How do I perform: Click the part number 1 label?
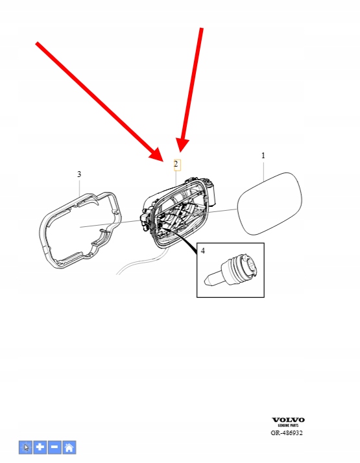[x=263, y=156]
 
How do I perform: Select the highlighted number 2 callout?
[x=176, y=165]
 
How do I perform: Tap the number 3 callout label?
[x=79, y=174]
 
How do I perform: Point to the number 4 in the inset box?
[x=202, y=251]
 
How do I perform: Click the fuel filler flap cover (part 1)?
[x=270, y=204]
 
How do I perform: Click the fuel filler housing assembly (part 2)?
[x=177, y=213]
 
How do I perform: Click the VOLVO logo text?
[x=288, y=420]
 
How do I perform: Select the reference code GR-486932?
[x=287, y=433]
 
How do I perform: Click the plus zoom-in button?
[x=40, y=447]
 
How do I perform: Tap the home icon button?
[x=69, y=447]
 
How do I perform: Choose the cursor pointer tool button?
[x=26, y=447]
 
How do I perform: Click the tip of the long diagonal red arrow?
[x=163, y=161]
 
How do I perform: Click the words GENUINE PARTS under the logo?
[x=288, y=425]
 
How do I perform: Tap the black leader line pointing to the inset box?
[x=180, y=239]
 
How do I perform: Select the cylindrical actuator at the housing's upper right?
[x=211, y=193]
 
